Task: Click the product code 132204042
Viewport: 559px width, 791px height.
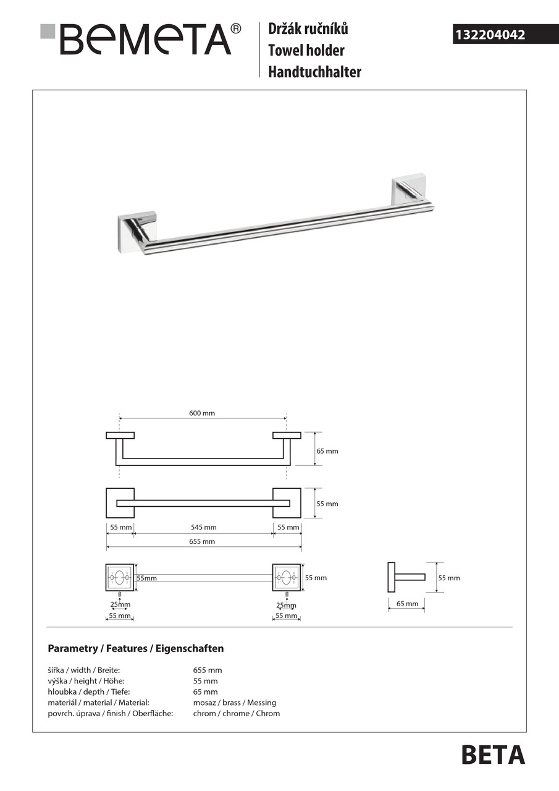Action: coord(489,35)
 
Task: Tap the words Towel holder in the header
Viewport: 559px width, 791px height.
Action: coord(306,51)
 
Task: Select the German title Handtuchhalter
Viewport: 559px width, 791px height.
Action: coord(314,72)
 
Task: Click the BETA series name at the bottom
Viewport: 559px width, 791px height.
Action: coord(493,755)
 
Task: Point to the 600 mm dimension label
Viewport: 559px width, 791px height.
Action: coord(201,413)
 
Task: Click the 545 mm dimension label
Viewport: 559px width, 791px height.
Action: coord(203,528)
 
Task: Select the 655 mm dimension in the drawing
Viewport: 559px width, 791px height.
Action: coord(203,541)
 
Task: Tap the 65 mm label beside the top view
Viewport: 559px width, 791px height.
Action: coord(327,451)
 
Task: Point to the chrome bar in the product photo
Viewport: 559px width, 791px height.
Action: coord(284,227)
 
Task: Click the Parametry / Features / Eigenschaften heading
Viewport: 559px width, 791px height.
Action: coord(136,649)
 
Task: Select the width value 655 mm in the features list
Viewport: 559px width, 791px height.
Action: coord(208,670)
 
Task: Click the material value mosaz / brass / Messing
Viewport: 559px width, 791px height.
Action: coord(235,703)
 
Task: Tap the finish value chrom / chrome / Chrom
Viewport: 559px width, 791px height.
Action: coord(237,713)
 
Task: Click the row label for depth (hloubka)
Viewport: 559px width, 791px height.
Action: coord(89,692)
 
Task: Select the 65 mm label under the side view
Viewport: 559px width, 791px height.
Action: coord(407,604)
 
